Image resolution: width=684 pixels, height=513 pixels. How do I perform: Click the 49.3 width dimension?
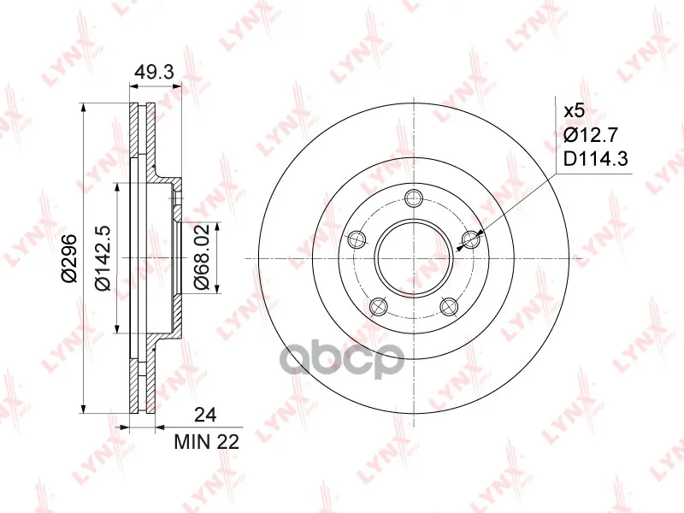[154, 72]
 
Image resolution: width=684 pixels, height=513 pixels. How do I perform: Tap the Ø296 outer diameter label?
[69, 258]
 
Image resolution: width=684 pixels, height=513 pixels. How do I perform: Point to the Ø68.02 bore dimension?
[202, 257]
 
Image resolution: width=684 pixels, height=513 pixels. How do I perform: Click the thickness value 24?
[205, 416]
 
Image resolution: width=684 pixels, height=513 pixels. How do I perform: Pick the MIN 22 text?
[207, 442]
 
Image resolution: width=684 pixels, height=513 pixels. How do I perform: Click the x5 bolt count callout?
[574, 111]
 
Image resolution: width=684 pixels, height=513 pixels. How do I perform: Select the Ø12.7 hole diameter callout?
[591, 135]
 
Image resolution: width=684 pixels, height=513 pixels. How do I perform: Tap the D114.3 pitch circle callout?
[595, 159]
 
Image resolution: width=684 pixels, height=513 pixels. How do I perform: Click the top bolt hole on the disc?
[414, 199]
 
